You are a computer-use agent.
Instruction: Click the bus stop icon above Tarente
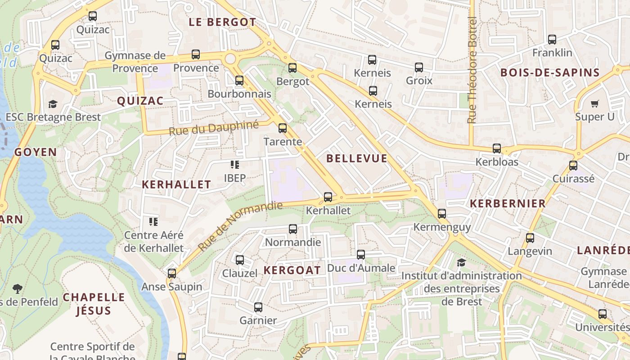coord(283,128)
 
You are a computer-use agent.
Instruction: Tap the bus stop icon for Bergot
coord(292,68)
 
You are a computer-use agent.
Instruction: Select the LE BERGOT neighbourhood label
coord(222,22)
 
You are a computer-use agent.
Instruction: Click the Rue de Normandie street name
coord(240,226)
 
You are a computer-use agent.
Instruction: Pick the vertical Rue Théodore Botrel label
coord(472,70)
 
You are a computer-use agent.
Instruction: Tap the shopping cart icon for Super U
coord(594,104)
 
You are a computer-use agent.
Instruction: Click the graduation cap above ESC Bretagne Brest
coord(53,104)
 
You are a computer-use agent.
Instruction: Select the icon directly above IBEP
coord(234,165)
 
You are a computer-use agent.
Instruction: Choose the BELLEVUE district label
coord(356,158)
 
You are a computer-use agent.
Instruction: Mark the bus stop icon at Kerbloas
coord(497,148)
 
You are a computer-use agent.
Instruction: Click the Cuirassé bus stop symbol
coord(573,166)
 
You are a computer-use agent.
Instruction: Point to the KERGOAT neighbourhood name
coord(292,270)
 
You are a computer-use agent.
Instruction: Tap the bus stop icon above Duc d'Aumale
coord(361,255)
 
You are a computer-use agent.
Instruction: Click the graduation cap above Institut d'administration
coord(461,262)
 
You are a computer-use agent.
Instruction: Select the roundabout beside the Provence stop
coord(230,58)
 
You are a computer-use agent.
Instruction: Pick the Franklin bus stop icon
coord(552,40)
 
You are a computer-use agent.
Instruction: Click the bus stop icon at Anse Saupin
coord(172,274)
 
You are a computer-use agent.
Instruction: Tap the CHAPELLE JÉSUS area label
coord(94,304)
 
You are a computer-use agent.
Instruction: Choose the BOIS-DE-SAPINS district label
coord(550,73)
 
